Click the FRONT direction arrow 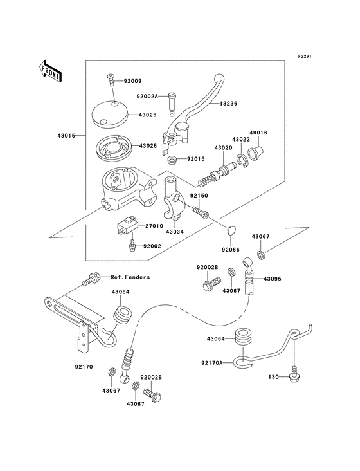(51, 69)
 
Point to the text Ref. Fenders (130, 277)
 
